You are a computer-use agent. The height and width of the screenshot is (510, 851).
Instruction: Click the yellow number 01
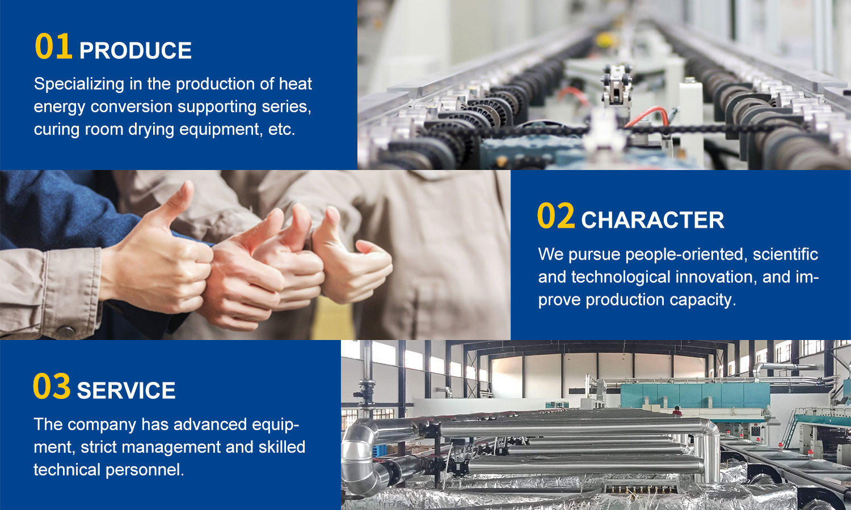[x=53, y=46]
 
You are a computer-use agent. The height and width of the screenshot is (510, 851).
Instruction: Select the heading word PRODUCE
[x=135, y=50]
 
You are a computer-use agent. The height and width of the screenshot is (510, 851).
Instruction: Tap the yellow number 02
[x=556, y=215]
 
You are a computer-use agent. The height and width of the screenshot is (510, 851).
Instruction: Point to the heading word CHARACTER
[x=652, y=220]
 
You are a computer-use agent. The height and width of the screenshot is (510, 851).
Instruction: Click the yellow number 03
[x=52, y=386]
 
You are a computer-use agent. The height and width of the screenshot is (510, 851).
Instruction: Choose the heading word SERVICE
[x=126, y=390]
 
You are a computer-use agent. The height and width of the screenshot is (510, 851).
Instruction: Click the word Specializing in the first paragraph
[x=79, y=84]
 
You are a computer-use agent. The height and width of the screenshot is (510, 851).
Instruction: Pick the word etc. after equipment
[x=281, y=130]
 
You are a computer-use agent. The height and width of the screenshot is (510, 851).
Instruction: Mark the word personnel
[x=145, y=470]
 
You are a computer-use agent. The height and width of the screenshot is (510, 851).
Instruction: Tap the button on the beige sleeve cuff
[x=65, y=331]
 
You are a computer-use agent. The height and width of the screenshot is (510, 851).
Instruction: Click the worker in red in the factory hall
[x=676, y=411]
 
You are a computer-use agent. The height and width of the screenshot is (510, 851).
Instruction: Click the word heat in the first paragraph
[x=295, y=84]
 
